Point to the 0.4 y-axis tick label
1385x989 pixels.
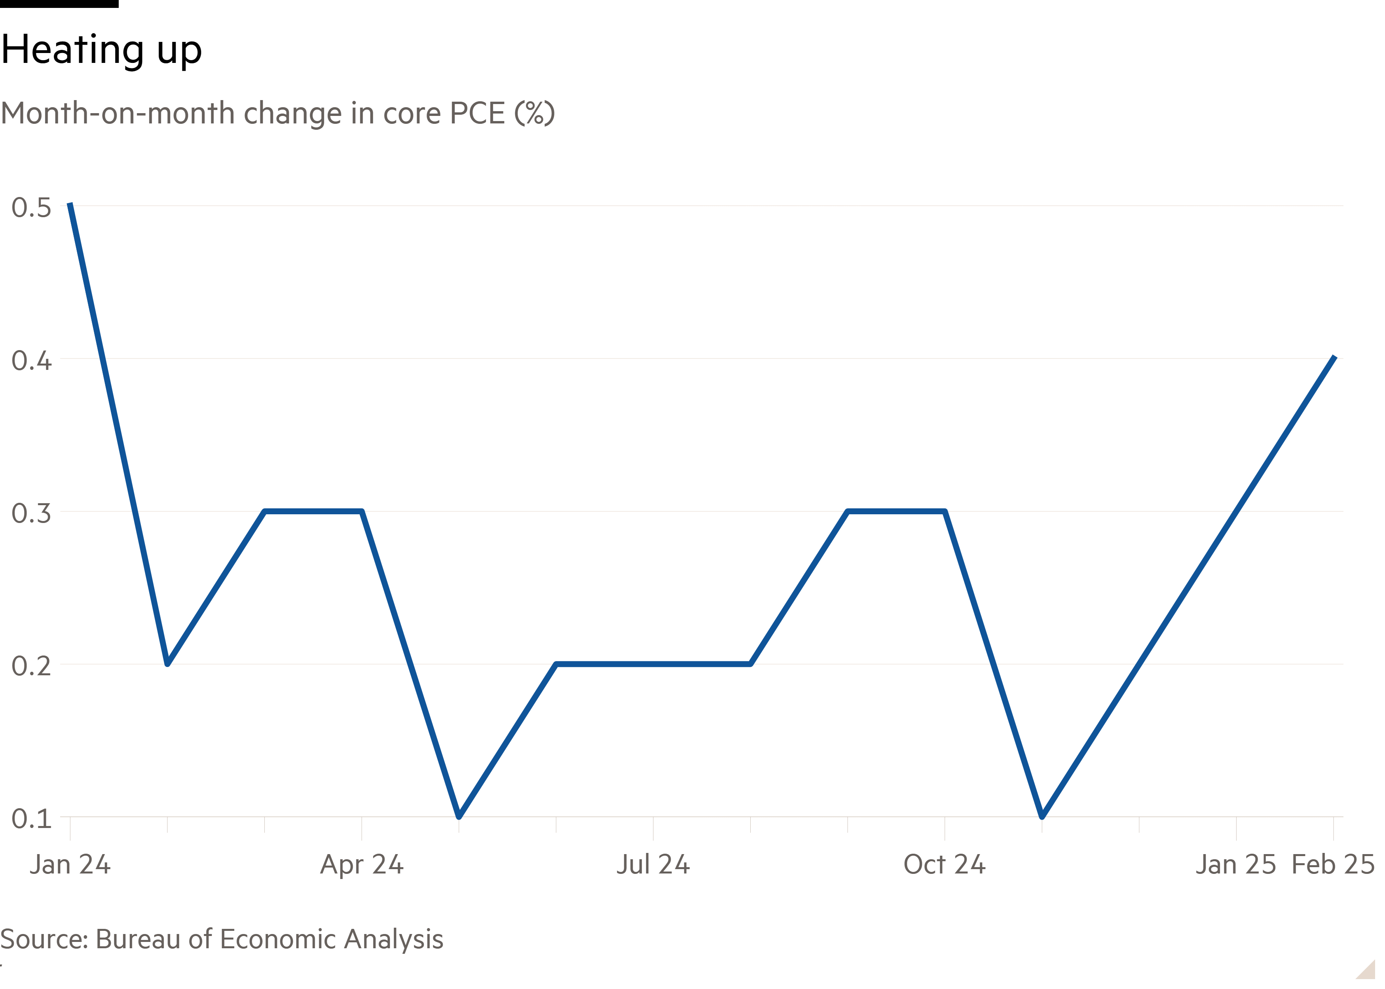31,360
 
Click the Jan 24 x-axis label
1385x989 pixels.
70,865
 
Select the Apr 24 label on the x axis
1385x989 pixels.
362,865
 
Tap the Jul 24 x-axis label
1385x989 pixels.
653,865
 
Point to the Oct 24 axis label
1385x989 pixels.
944,865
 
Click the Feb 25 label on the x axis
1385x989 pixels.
1333,865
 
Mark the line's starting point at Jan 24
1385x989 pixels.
70,205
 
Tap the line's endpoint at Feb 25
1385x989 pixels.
1334,358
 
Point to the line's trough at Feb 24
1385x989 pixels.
167,663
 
